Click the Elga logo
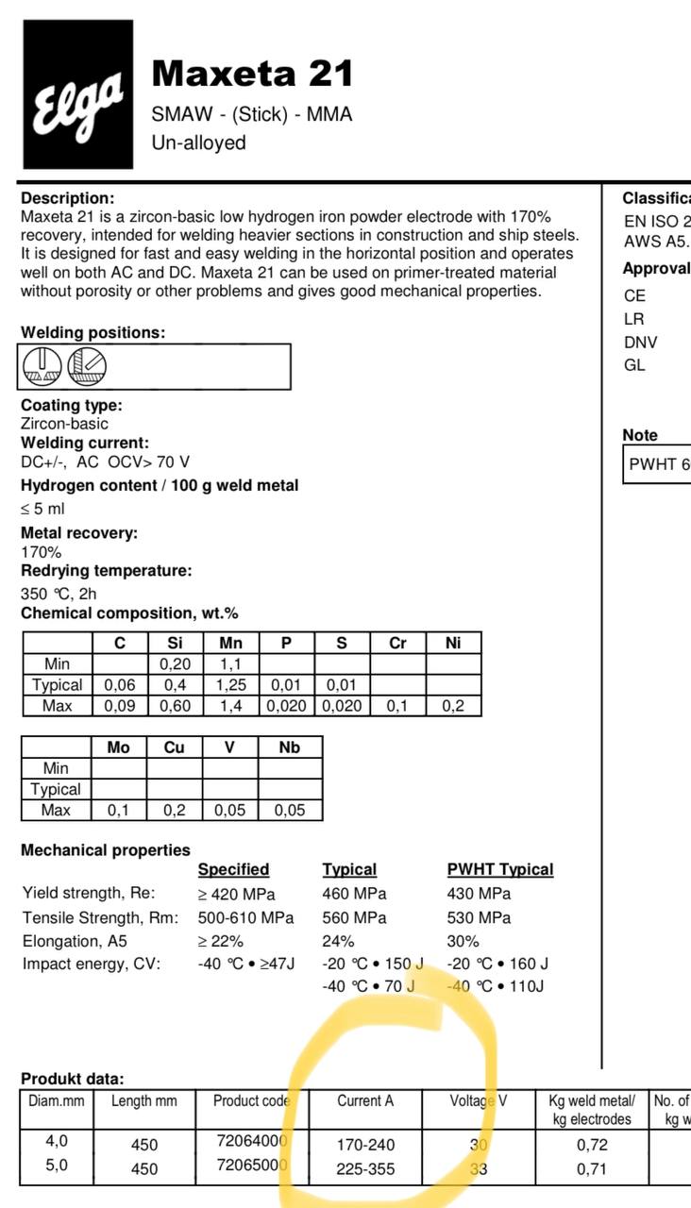click(78, 95)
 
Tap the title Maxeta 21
click(252, 73)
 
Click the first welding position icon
click(42, 366)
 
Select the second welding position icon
click(87, 366)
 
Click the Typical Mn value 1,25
click(230, 685)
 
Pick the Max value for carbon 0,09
click(119, 706)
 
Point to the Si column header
click(175, 644)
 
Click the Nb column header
click(289, 747)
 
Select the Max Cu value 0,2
click(175, 810)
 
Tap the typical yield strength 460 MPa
click(354, 894)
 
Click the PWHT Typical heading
click(499, 869)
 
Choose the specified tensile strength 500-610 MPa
click(245, 917)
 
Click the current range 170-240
click(365, 1145)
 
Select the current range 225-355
click(365, 1169)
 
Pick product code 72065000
click(251, 1165)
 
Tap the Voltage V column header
click(478, 1100)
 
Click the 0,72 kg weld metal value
click(592, 1145)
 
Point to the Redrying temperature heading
click(106, 571)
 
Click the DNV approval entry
click(641, 343)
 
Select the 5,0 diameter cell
click(57, 1165)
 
